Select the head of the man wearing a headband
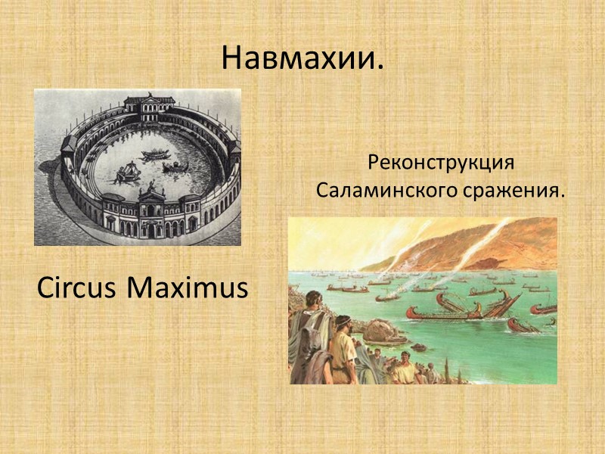[x=343, y=324]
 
